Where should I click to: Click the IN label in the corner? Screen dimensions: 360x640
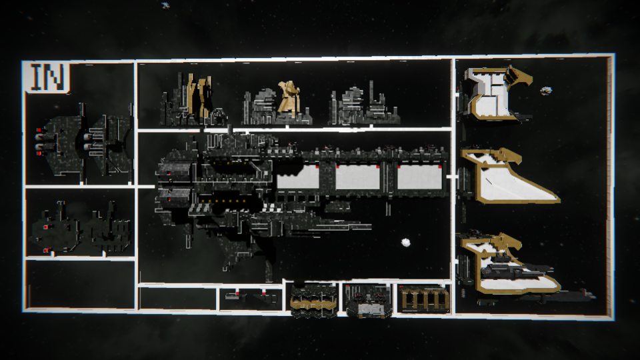[47, 77]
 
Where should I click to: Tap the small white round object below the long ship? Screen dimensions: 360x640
[405, 243]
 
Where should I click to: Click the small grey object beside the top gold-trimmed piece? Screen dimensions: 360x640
[545, 90]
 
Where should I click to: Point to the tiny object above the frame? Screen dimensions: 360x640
[165, 5]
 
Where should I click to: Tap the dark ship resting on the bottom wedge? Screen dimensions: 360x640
[513, 269]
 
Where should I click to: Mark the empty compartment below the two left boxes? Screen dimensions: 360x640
[80, 284]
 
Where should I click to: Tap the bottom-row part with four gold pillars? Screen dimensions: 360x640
[423, 298]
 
